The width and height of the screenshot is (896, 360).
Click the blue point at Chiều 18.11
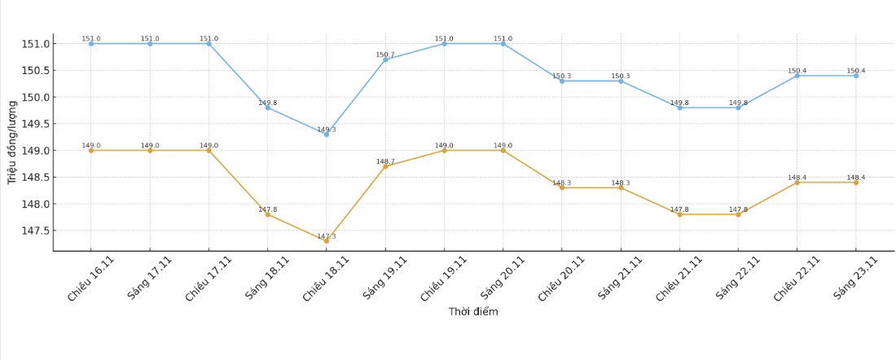[327, 134]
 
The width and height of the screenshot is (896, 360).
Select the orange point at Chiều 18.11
[327, 241]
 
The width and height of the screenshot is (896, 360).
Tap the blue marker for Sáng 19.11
[385, 59]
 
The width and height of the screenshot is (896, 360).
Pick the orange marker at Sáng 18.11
[267, 214]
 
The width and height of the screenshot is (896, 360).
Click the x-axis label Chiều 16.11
[91, 279]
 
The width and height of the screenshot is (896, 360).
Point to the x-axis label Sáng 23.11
[855, 279]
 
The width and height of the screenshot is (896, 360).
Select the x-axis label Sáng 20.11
[503, 279]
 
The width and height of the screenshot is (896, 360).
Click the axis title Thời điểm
[473, 312]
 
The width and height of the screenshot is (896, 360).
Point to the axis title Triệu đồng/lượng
[12, 143]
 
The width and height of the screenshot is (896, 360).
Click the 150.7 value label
[385, 55]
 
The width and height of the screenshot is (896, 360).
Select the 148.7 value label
[385, 161]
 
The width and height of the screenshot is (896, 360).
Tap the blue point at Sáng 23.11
[856, 76]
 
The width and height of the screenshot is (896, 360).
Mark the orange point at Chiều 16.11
[91, 151]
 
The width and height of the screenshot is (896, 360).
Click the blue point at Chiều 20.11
[562, 81]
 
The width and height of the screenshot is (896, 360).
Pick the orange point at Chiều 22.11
[797, 182]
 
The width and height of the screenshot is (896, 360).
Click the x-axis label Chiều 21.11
[679, 279]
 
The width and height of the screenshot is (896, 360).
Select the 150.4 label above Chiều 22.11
[797, 71]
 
